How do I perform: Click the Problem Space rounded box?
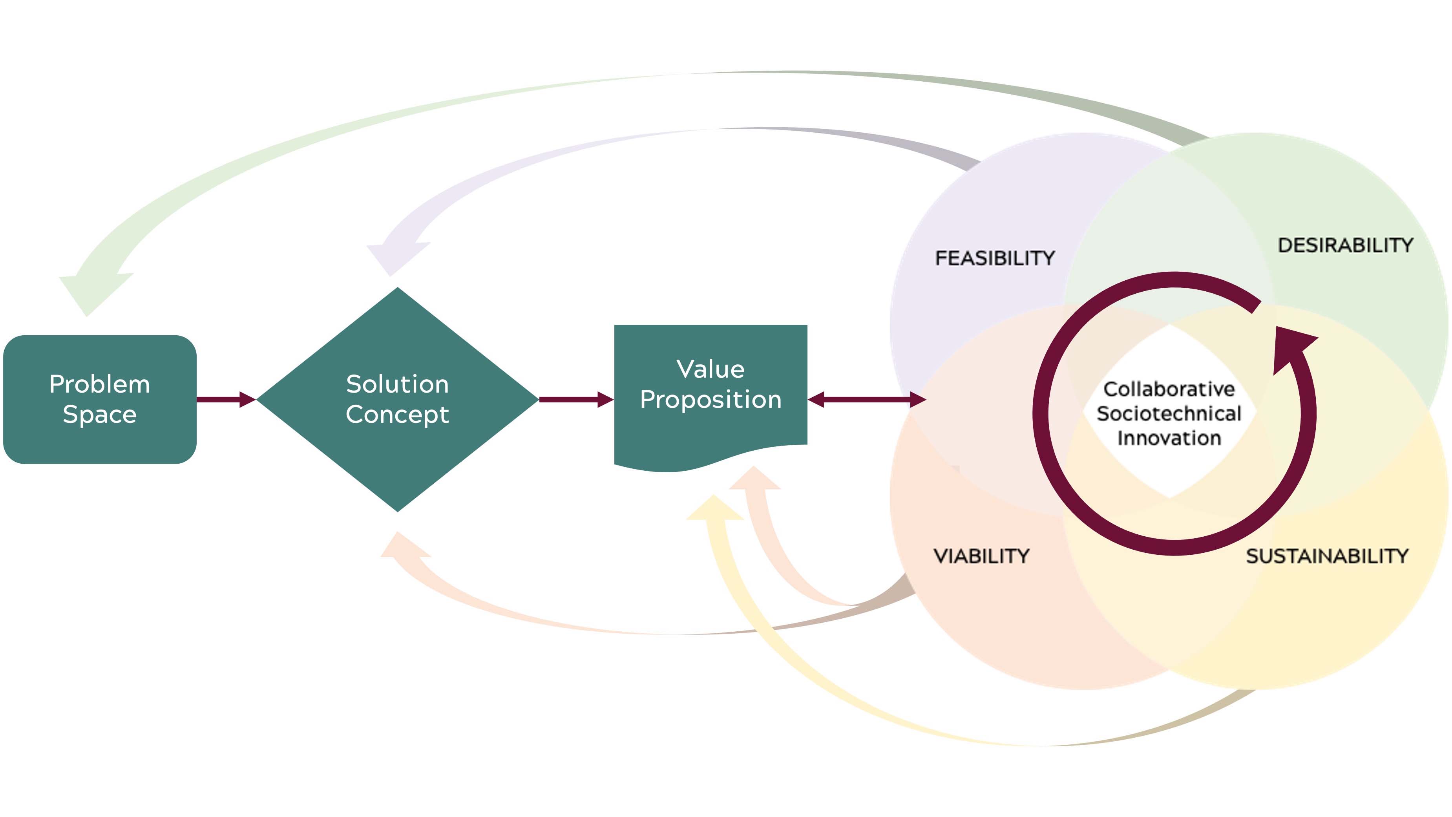click(100, 399)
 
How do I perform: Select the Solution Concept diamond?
click(397, 399)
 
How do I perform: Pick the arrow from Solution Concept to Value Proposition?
click(576, 399)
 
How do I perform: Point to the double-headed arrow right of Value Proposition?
click(867, 399)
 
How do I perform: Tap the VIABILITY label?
click(981, 556)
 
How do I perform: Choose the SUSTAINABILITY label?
click(1327, 556)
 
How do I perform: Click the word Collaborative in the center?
click(1169, 389)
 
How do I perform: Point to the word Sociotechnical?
click(1169, 413)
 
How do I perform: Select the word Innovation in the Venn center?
click(1169, 438)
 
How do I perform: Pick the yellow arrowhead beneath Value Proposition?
click(715, 508)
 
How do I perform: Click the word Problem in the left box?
click(100, 384)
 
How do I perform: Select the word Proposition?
click(711, 400)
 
